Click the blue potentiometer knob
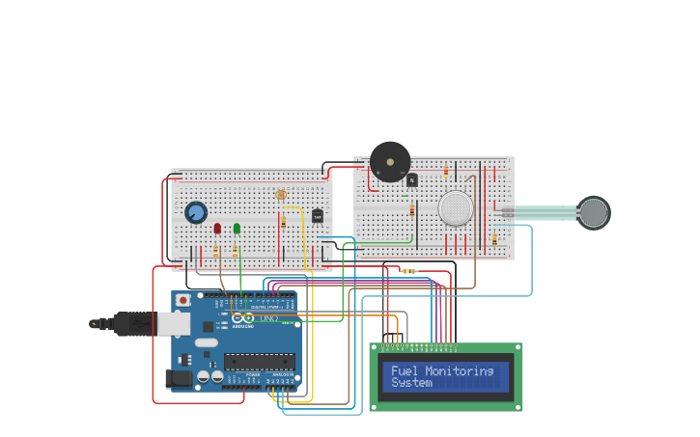pyautogui.click(x=196, y=212)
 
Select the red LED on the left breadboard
pyautogui.click(x=217, y=229)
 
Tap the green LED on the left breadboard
pyautogui.click(x=237, y=229)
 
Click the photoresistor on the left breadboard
pyautogui.click(x=281, y=195)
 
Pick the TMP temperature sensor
pyautogui.click(x=317, y=215)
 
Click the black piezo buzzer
pyautogui.click(x=390, y=161)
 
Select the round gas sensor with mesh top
pyautogui.click(x=455, y=208)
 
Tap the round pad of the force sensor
pyautogui.click(x=594, y=212)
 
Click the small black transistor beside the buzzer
pyautogui.click(x=412, y=179)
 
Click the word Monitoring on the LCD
pyautogui.click(x=460, y=370)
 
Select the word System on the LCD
pyautogui.click(x=411, y=383)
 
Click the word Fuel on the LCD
pyautogui.click(x=405, y=370)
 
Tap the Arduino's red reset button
pyautogui.click(x=182, y=300)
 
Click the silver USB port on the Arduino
pyautogui.click(x=174, y=323)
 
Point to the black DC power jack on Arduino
pyautogui.click(x=179, y=379)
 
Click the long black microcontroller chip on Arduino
pyautogui.click(x=259, y=362)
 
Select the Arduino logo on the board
pyautogui.click(x=242, y=317)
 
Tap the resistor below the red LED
pyautogui.click(x=217, y=252)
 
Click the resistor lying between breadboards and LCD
pyautogui.click(x=408, y=271)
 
